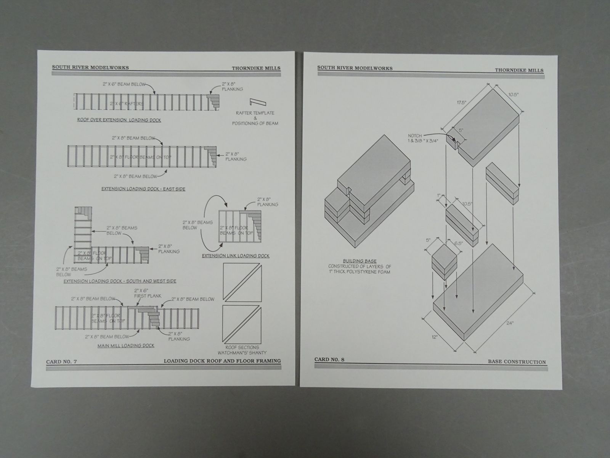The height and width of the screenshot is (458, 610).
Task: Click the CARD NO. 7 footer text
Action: click(x=62, y=360)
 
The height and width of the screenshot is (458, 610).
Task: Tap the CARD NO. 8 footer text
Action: click(x=329, y=359)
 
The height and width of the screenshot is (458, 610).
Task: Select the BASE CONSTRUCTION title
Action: click(x=516, y=362)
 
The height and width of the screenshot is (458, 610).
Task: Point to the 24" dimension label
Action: click(x=510, y=323)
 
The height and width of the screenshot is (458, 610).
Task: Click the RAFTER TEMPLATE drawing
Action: click(x=258, y=102)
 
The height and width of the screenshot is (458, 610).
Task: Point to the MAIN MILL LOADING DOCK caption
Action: click(x=126, y=345)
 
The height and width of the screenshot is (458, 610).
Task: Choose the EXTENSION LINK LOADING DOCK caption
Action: click(x=236, y=256)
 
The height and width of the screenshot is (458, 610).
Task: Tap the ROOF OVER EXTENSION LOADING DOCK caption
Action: click(x=119, y=120)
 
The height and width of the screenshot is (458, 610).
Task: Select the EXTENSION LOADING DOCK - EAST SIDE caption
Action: click(x=143, y=189)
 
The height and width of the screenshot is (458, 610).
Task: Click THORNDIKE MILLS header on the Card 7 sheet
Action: click(x=256, y=68)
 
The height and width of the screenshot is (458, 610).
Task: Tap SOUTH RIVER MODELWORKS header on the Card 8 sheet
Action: click(x=355, y=68)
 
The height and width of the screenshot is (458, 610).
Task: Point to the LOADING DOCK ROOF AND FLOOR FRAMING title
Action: click(x=222, y=361)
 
